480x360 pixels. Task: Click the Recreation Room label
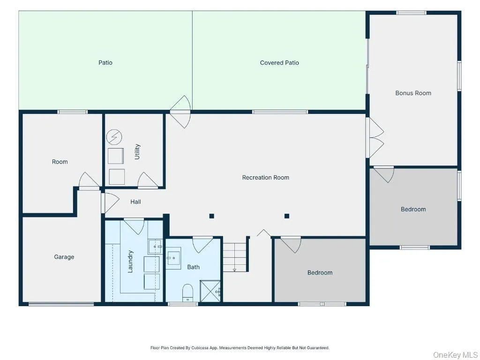(265, 178)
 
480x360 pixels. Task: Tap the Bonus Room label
(413, 93)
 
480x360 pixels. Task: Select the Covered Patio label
(279, 63)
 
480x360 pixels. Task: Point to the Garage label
(64, 257)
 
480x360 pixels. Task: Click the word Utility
(137, 151)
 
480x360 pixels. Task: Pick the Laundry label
(130, 262)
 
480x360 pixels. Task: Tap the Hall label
(135, 202)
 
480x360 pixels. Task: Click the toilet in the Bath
(187, 293)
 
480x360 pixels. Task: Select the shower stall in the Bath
(210, 291)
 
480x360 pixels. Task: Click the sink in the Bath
(173, 258)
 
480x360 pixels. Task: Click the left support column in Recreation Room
(211, 216)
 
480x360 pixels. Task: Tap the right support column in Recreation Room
(287, 216)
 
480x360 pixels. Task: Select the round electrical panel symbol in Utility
(114, 137)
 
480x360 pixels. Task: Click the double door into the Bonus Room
(375, 138)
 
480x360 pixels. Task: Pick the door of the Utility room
(148, 180)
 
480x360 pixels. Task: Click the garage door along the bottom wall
(61, 304)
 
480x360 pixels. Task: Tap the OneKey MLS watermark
(456, 355)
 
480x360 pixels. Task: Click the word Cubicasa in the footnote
(200, 348)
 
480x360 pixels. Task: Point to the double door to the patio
(180, 112)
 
